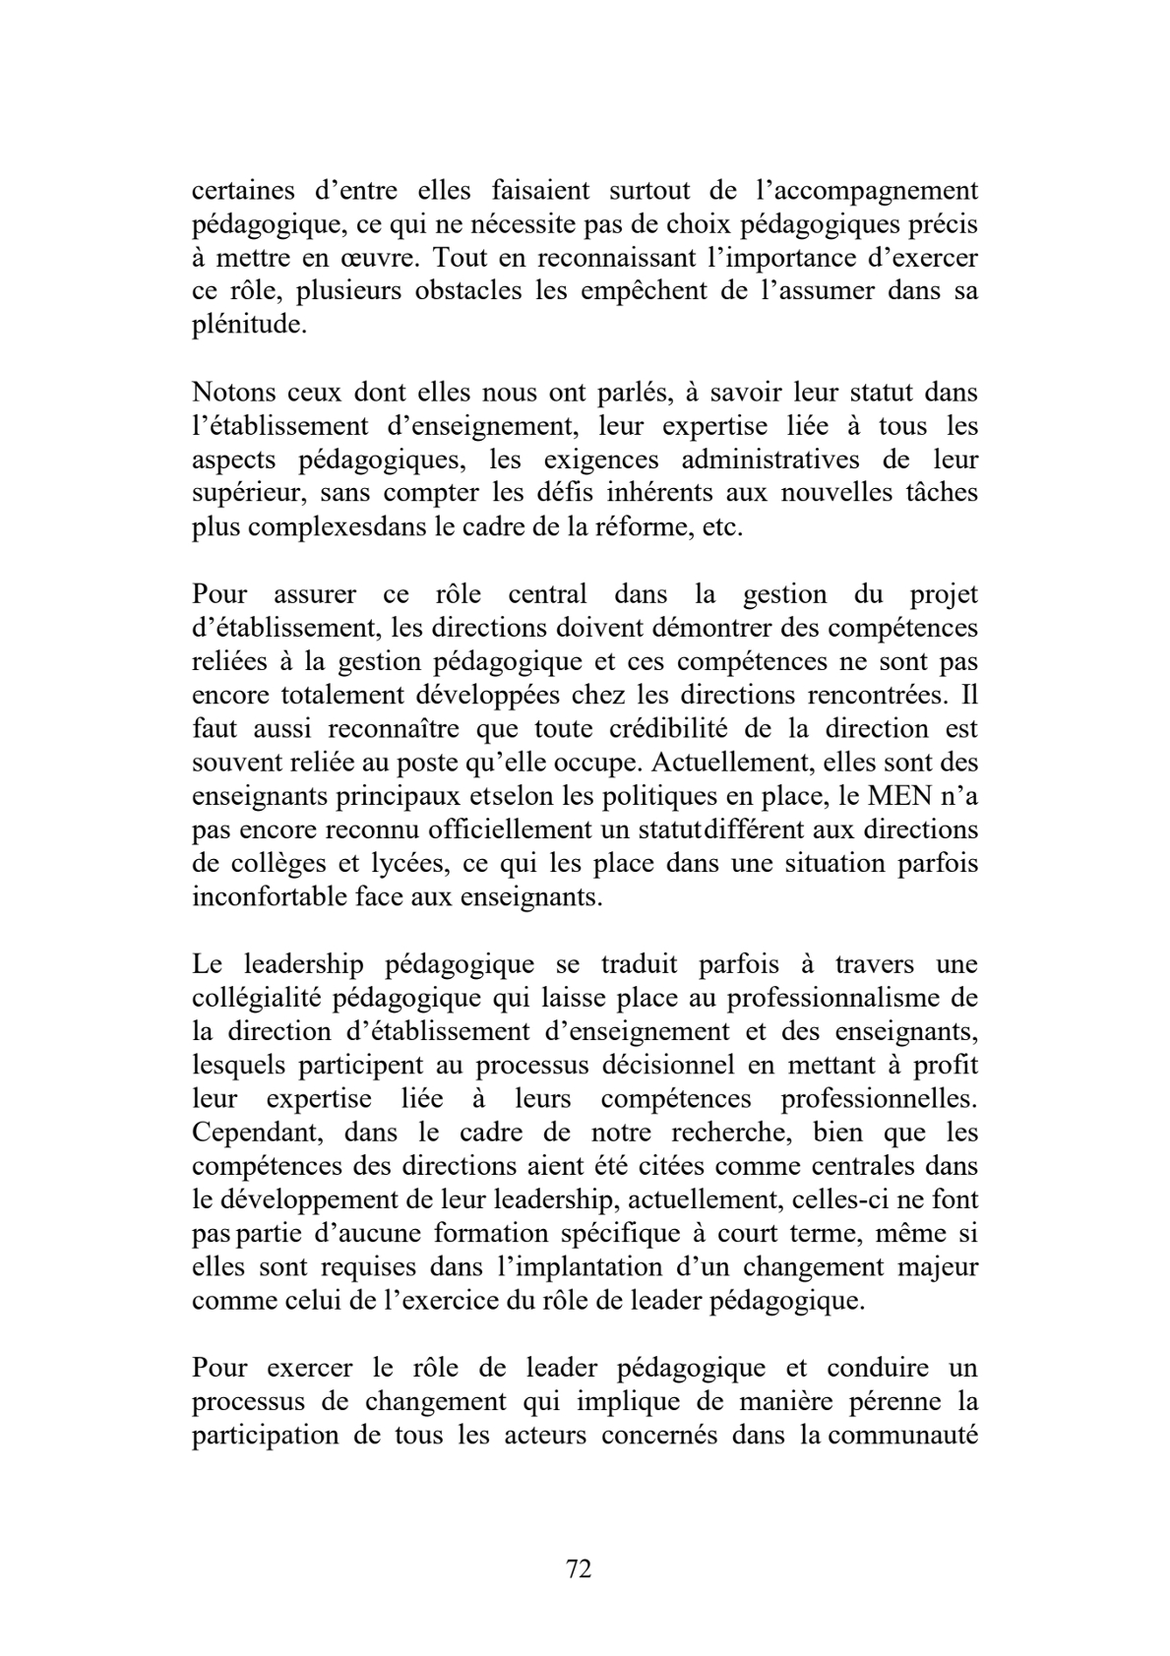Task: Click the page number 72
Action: (x=580, y=1568)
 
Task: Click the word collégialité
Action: (x=257, y=998)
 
